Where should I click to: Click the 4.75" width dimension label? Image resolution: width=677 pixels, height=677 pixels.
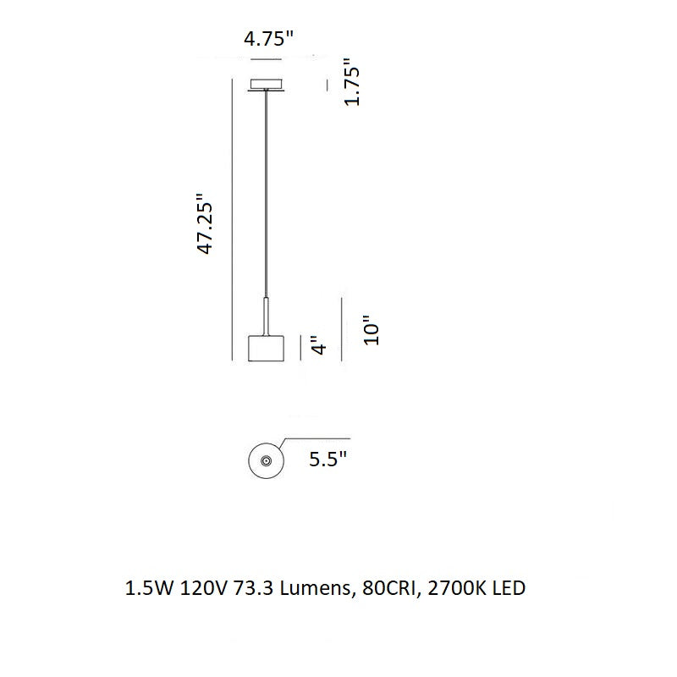point(268,39)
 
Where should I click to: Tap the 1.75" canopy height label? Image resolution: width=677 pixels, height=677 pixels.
point(352,81)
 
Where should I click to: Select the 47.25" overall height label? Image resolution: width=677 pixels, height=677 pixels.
point(205,223)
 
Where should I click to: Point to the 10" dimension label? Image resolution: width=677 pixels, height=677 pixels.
point(372,330)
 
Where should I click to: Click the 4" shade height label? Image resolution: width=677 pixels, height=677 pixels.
point(320,345)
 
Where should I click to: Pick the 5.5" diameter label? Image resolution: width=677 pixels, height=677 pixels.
point(328,459)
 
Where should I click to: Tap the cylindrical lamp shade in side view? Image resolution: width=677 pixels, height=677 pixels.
point(266,348)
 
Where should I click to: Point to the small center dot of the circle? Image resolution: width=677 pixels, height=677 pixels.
point(266,460)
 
